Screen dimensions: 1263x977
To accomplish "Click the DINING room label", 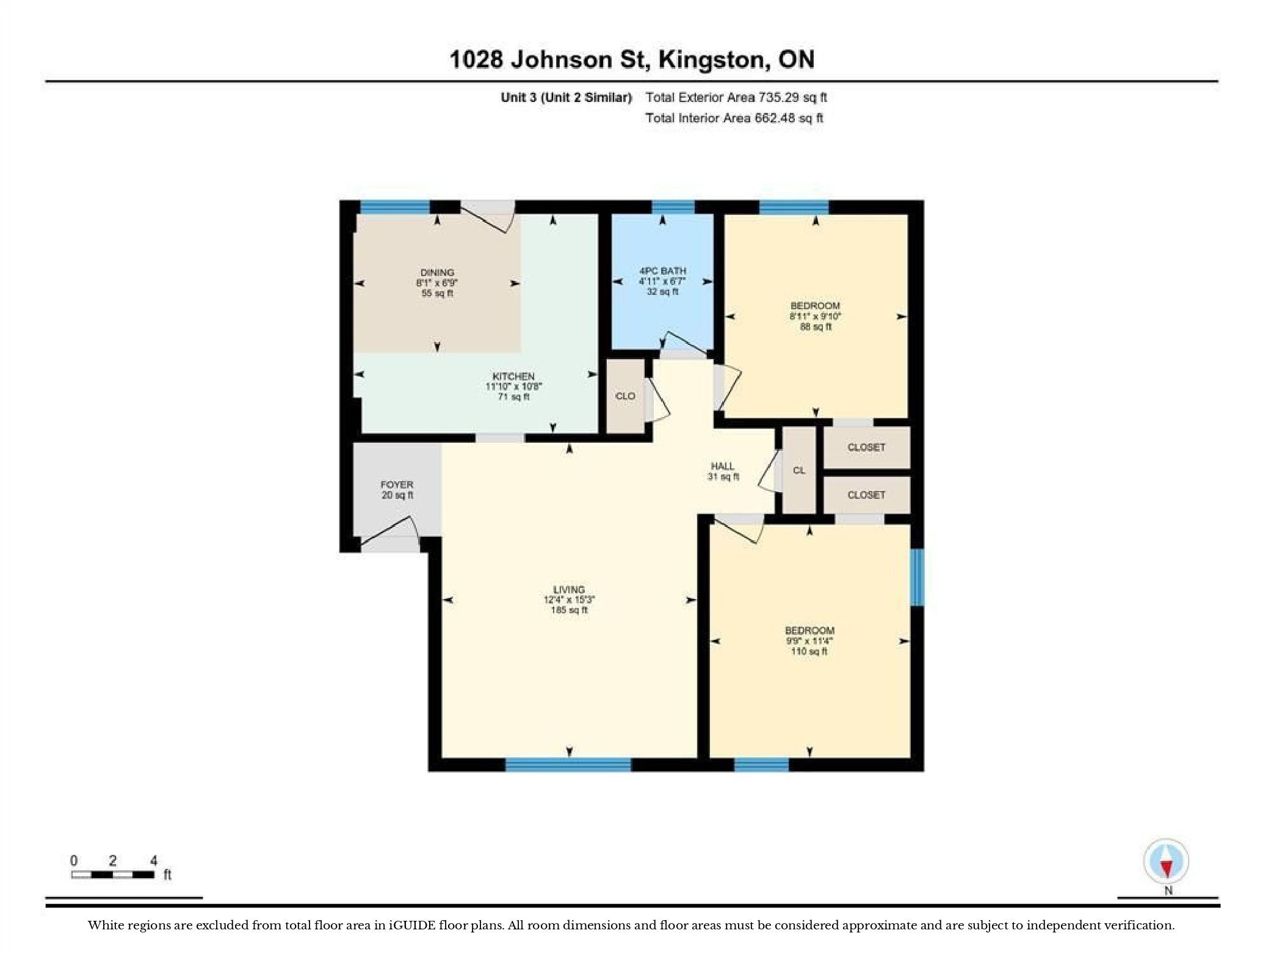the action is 438,272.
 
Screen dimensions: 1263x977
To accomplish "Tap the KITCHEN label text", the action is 513,376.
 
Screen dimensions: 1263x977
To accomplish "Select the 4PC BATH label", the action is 662,271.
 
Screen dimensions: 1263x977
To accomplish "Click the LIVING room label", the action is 569,589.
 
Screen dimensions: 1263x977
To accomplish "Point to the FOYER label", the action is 397,485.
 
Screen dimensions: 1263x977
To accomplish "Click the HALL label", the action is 723,466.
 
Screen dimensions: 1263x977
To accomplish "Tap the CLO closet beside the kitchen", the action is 625,396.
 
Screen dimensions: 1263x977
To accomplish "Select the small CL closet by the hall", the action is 799,470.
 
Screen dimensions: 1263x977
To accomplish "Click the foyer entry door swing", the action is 389,533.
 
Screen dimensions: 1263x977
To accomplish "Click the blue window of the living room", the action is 568,765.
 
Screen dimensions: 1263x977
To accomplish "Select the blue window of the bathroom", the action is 673,207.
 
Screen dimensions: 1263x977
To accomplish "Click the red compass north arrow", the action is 1166,868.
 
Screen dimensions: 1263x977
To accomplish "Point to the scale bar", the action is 113,874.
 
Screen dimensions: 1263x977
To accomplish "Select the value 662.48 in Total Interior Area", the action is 775,118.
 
